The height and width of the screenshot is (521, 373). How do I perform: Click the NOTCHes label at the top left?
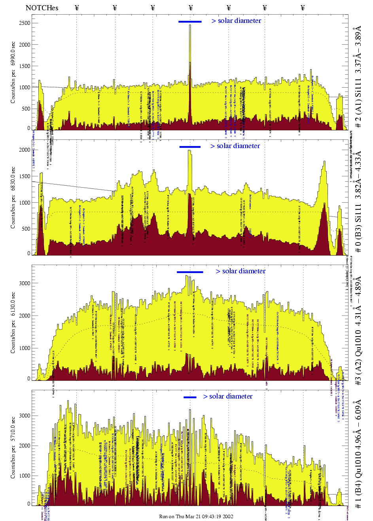[42, 8]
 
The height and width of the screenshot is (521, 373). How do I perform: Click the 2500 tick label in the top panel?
[25, 23]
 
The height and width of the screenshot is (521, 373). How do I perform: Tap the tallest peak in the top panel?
[190, 26]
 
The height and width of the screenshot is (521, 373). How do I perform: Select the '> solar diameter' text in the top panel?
[236, 21]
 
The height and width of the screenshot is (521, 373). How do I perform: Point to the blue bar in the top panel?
[190, 22]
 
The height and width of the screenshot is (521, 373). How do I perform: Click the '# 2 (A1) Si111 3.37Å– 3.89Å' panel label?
[358, 77]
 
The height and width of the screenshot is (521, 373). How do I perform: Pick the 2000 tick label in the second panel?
[25, 150]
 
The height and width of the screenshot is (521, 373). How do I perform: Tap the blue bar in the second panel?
[190, 147]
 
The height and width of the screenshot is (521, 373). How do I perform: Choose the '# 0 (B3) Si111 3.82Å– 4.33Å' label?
[358, 201]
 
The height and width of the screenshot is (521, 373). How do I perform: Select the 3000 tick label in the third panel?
[25, 283]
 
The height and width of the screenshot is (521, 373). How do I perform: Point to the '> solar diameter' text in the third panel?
[240, 271]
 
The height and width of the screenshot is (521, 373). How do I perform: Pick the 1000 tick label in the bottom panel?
[25, 476]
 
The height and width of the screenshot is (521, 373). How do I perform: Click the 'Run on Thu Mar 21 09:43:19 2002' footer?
[196, 517]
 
